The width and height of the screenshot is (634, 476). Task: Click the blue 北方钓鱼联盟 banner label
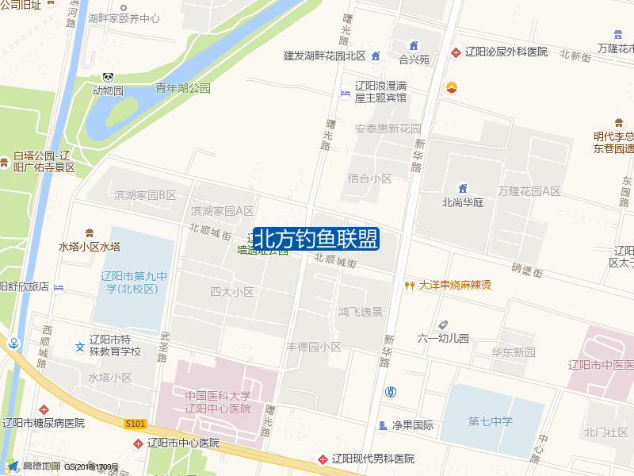click(x=315, y=239)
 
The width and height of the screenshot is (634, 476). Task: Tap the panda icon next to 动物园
click(x=108, y=77)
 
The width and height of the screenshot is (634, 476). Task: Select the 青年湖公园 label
click(x=183, y=88)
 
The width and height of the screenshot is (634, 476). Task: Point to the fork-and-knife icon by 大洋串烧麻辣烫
click(x=410, y=285)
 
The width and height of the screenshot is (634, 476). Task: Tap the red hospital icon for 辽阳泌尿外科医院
click(x=456, y=52)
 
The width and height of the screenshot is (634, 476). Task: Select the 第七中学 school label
click(x=490, y=420)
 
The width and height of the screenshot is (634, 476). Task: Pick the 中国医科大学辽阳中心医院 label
click(x=218, y=402)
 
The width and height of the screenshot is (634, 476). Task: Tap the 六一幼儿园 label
click(x=444, y=338)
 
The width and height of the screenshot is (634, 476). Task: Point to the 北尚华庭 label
click(x=463, y=202)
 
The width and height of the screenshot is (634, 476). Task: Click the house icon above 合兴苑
click(x=413, y=45)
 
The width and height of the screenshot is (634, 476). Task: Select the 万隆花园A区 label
click(x=529, y=191)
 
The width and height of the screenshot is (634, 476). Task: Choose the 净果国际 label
click(x=413, y=425)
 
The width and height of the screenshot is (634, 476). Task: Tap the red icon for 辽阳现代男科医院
click(x=323, y=459)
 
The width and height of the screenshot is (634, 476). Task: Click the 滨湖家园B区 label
click(x=144, y=195)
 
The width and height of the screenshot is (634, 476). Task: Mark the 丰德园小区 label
click(x=314, y=347)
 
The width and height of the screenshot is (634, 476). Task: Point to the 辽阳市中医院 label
click(x=600, y=365)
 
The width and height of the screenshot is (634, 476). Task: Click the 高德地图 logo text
click(x=40, y=466)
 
